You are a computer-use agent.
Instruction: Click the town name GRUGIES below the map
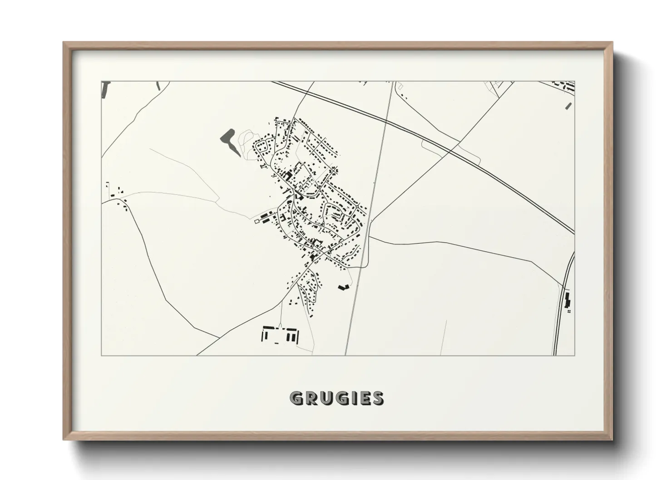336,398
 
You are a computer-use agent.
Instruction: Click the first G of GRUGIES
297,398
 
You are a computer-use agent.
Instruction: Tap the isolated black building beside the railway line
343,287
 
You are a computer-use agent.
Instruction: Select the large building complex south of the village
281,335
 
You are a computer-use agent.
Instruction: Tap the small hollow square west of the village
257,221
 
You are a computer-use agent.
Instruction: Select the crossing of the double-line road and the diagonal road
450,152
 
